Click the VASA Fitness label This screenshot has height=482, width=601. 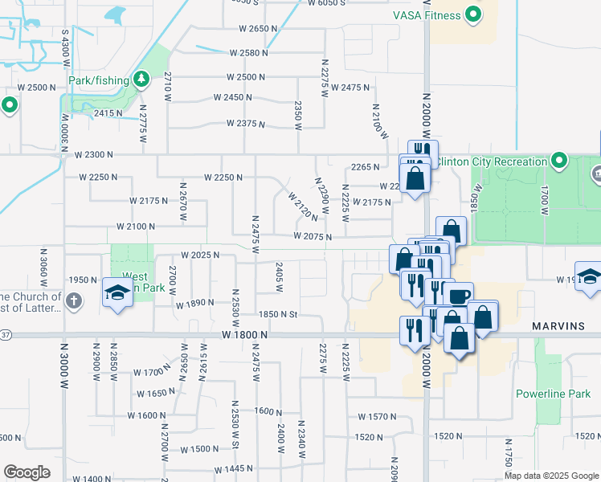tap(427, 15)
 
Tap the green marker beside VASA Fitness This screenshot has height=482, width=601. tap(474, 14)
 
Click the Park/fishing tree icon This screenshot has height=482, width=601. tap(141, 79)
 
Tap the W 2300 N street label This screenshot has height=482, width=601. tap(96, 154)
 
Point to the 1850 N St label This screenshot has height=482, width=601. tap(278, 315)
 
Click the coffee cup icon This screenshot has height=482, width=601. tap(459, 295)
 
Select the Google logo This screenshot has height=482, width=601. tap(27, 472)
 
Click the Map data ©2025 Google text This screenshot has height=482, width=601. tap(550, 476)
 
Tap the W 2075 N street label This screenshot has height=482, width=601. tap(313, 236)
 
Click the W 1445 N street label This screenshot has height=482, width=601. tap(234, 468)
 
